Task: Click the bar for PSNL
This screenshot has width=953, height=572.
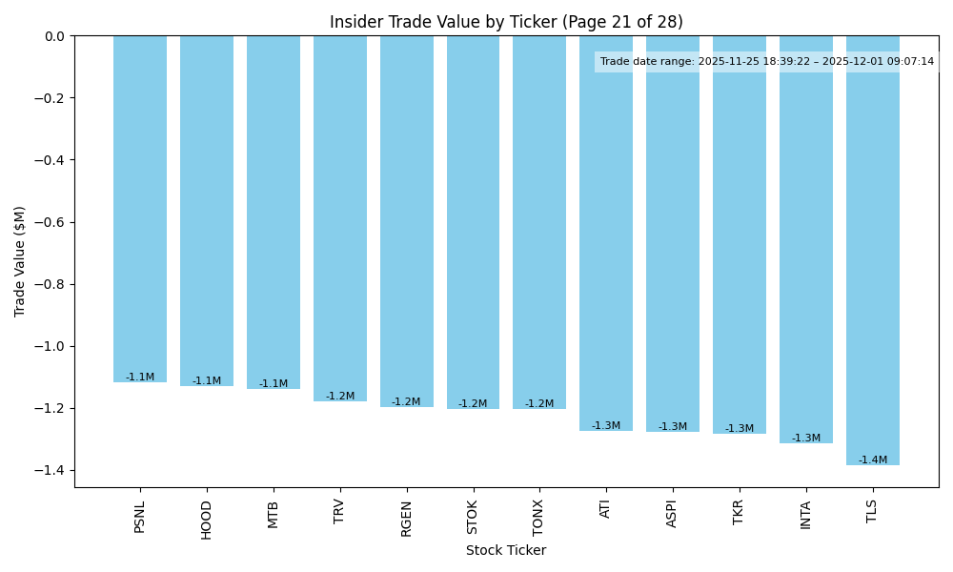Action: click(x=140, y=209)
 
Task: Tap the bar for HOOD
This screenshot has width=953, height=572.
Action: click(x=207, y=211)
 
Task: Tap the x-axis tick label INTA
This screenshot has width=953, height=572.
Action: click(x=806, y=515)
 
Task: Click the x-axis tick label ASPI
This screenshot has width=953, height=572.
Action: click(x=673, y=514)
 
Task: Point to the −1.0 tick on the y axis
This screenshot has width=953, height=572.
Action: click(x=50, y=346)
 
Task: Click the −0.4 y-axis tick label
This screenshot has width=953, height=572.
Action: click(x=50, y=160)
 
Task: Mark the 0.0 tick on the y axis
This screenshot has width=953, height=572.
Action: click(x=54, y=36)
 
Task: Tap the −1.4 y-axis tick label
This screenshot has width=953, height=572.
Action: click(x=50, y=470)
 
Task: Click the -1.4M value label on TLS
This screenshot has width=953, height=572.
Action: click(x=872, y=460)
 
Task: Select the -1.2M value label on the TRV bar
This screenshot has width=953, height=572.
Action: click(x=340, y=397)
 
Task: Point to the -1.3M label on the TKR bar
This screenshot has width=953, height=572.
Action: click(x=740, y=429)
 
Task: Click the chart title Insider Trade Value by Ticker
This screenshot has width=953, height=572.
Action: click(x=506, y=22)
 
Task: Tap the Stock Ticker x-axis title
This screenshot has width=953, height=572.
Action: click(x=506, y=550)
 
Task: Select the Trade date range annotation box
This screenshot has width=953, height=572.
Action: click(x=767, y=62)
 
